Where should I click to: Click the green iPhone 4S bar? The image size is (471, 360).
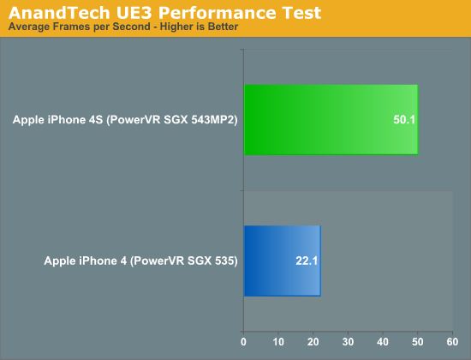tap(331, 120)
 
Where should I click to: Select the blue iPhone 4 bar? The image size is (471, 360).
tap(283, 261)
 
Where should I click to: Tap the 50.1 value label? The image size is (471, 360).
tap(404, 120)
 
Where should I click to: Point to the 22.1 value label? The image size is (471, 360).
tap(307, 261)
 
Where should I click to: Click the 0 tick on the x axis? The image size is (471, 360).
tap(243, 342)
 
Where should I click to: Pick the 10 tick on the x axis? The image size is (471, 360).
tap(278, 342)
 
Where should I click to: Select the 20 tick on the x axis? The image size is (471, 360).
tap(313, 342)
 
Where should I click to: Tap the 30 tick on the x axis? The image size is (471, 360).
tap(348, 342)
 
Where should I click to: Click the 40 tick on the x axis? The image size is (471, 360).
tap(383, 342)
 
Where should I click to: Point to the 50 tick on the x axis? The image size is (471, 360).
tap(418, 342)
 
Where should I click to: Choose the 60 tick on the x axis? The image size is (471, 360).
tap(452, 342)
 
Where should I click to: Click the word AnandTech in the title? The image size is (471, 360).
tap(59, 13)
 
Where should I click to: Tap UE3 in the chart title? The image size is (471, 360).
tap(134, 13)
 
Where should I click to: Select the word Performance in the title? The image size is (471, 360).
tap(218, 13)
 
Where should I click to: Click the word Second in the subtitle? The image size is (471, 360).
tap(132, 27)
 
